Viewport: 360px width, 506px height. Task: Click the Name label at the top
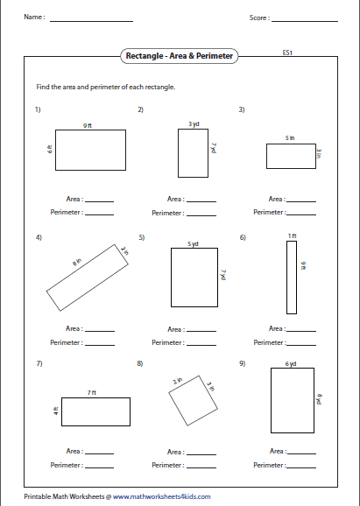[x=33, y=18]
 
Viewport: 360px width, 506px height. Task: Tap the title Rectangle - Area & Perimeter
[x=180, y=55]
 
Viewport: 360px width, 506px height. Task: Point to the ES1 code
[x=287, y=53]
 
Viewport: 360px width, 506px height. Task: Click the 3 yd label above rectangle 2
[x=194, y=124]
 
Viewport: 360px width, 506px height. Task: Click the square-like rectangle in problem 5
[x=193, y=277]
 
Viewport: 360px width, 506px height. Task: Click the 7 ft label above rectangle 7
[x=92, y=393]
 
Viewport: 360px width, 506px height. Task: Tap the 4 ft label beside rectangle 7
[x=55, y=411]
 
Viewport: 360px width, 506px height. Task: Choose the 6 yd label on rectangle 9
[x=291, y=363]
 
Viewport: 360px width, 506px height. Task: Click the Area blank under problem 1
[x=100, y=200]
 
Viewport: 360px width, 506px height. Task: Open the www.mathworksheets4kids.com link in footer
[x=161, y=495]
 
